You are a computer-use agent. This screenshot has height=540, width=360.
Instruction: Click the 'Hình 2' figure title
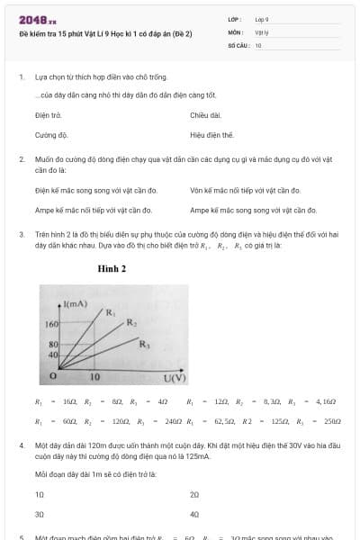click(x=112, y=268)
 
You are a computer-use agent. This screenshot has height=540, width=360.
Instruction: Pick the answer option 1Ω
click(x=40, y=495)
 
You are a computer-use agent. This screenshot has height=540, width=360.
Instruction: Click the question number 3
click(x=21, y=234)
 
